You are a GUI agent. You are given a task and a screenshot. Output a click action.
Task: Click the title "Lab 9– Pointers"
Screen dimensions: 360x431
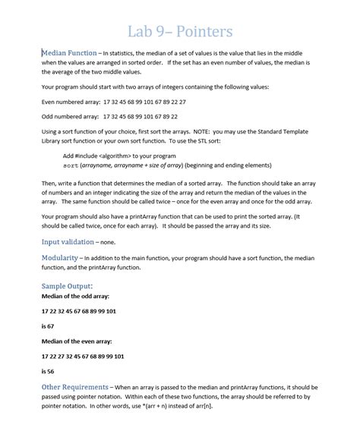click(x=180, y=32)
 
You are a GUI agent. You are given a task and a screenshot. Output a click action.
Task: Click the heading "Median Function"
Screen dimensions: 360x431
click(x=68, y=52)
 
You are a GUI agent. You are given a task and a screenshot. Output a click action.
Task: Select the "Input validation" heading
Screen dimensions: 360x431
click(x=68, y=242)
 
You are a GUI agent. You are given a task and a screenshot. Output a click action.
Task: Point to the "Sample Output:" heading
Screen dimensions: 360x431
click(x=67, y=285)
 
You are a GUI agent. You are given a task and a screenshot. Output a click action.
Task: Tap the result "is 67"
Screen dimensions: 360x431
click(x=50, y=326)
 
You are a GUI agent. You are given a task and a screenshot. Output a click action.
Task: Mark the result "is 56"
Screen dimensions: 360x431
click(x=50, y=371)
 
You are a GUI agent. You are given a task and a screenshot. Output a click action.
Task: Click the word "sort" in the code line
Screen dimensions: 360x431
click(x=71, y=165)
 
